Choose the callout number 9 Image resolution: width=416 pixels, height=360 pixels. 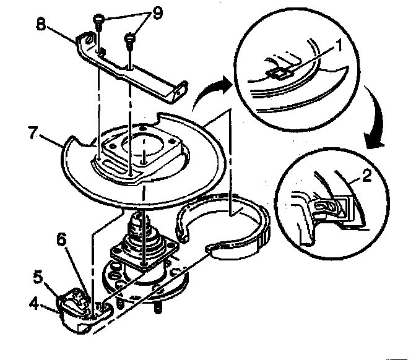157,12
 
